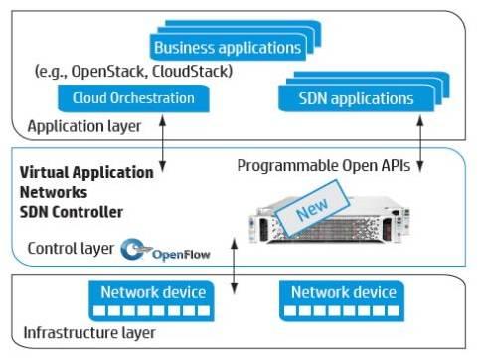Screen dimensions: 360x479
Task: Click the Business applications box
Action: click(x=227, y=47)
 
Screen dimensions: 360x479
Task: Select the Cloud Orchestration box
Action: click(x=132, y=98)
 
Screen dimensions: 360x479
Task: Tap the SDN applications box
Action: click(x=356, y=98)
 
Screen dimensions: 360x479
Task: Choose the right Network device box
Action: click(x=343, y=292)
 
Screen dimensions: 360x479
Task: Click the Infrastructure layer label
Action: click(x=90, y=330)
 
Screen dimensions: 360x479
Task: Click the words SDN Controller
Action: click(x=71, y=212)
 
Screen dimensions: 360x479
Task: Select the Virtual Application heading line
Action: click(x=86, y=172)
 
